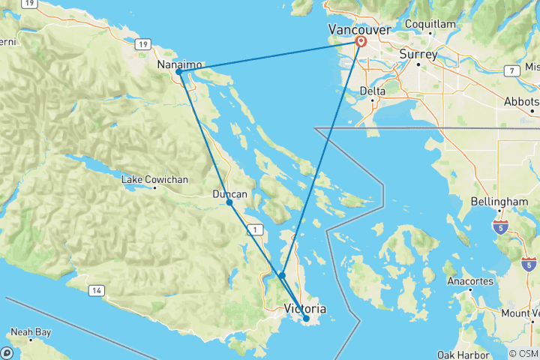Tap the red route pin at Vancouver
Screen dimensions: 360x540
[x=361, y=42]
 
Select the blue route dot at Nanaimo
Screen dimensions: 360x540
[x=179, y=72]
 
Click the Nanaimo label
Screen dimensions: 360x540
[x=178, y=66]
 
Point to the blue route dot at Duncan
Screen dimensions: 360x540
[x=229, y=202]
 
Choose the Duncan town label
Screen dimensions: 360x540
[x=230, y=195]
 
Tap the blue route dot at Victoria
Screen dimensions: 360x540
[x=306, y=319]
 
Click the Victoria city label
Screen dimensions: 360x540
[x=305, y=308]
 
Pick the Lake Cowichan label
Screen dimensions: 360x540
[x=155, y=180]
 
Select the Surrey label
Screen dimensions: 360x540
[x=418, y=54]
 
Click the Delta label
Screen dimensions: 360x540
[x=373, y=91]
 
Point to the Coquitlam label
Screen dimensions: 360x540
[x=430, y=25]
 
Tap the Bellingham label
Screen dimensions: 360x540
[x=500, y=202]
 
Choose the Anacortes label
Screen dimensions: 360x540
[x=469, y=281]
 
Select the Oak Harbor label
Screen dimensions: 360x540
[x=462, y=354]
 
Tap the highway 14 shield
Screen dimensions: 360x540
[x=96, y=289]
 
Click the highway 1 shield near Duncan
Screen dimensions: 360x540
[x=256, y=229]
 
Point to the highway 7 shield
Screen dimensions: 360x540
[x=510, y=71]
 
